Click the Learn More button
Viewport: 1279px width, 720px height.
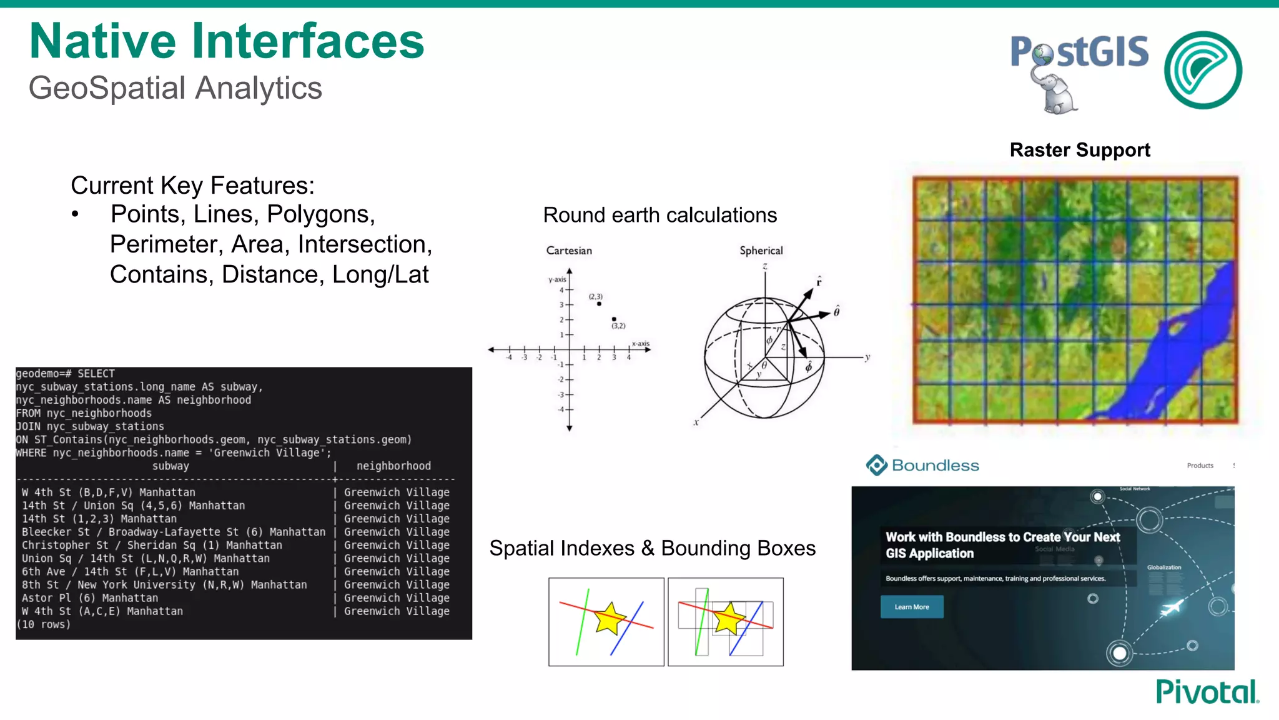click(911, 607)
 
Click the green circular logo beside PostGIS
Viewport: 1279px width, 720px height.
click(1203, 70)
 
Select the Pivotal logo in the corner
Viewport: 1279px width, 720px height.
click(1207, 692)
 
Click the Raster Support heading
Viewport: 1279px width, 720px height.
click(1079, 150)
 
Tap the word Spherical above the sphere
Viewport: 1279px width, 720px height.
click(761, 251)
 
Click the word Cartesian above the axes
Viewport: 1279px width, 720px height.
click(568, 251)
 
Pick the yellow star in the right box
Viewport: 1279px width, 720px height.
click(728, 618)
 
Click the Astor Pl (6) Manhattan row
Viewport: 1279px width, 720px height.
click(90, 598)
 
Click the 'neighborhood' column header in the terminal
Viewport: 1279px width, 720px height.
click(393, 466)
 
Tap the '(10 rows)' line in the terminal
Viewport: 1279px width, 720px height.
click(44, 624)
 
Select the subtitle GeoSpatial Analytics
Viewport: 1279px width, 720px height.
click(175, 87)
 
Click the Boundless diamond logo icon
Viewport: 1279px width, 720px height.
click(876, 465)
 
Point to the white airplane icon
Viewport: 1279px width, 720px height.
click(1170, 607)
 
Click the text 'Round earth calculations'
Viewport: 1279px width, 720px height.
click(659, 215)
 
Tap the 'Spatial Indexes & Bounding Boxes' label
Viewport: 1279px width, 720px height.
click(652, 548)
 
